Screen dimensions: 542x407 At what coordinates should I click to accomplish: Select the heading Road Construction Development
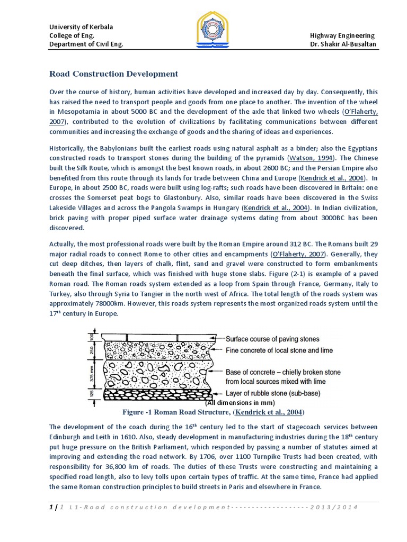[x=113, y=74]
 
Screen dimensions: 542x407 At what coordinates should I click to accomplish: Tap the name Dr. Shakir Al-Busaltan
[x=342, y=44]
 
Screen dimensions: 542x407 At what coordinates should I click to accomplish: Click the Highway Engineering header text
[x=342, y=35]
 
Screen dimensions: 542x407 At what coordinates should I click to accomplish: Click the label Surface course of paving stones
[x=272, y=339]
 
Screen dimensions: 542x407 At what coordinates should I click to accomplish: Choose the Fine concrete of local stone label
[x=279, y=350]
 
